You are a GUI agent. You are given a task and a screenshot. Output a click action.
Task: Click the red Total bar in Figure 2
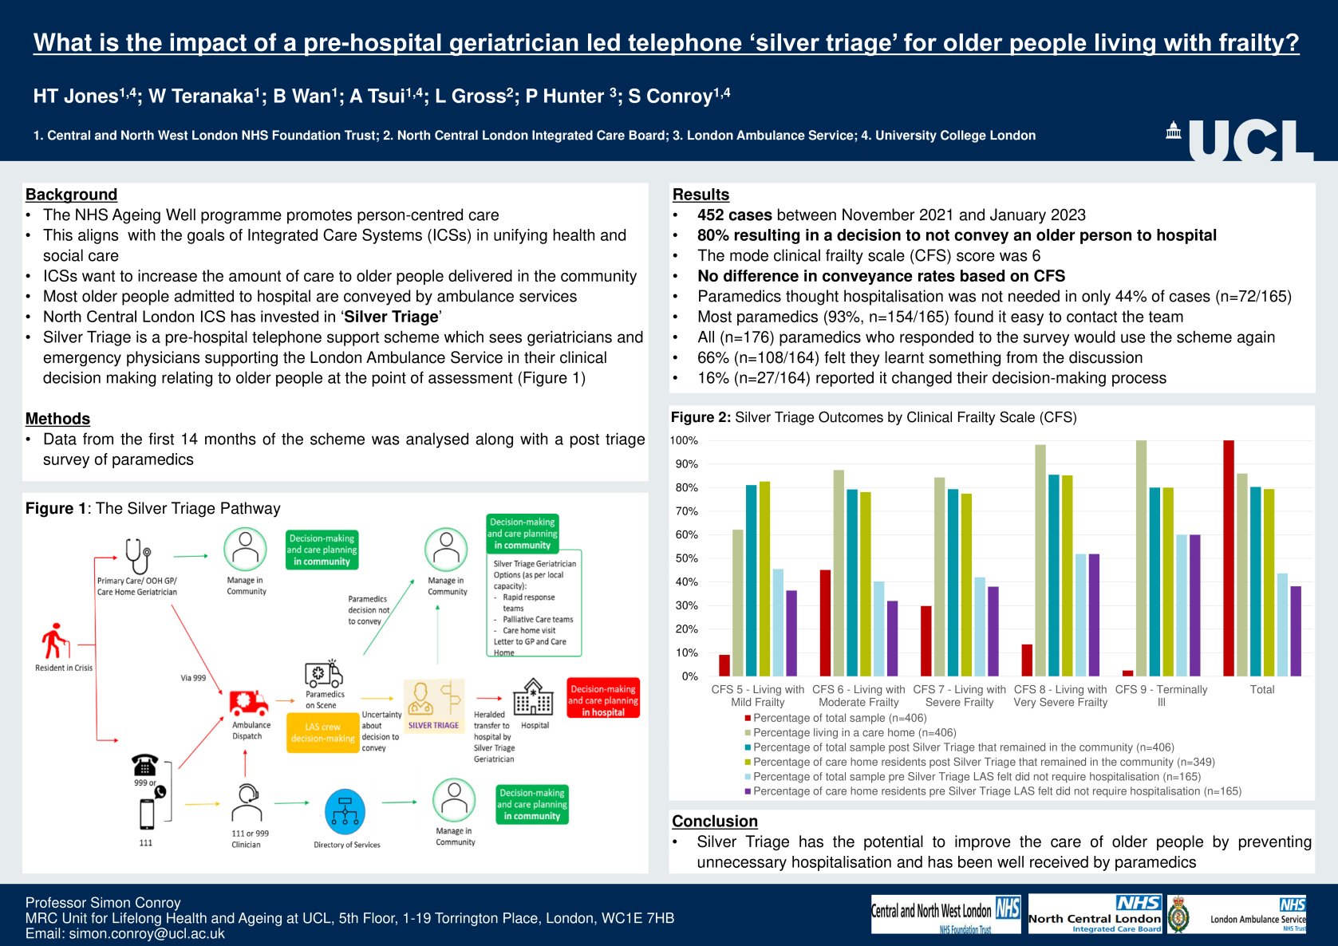click(1229, 558)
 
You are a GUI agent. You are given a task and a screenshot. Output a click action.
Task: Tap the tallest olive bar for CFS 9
click(1141, 558)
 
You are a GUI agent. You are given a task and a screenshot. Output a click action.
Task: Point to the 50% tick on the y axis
click(684, 558)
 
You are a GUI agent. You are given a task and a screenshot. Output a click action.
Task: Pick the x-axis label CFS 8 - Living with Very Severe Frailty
click(1060, 696)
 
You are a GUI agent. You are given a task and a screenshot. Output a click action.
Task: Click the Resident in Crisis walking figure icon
click(56, 641)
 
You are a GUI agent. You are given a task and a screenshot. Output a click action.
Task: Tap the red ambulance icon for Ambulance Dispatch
click(248, 704)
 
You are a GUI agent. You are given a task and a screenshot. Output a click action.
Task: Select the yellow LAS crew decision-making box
click(322, 733)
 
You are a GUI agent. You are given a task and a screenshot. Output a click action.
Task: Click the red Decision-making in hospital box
click(602, 698)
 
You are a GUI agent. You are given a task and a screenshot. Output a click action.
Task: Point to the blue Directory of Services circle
click(345, 812)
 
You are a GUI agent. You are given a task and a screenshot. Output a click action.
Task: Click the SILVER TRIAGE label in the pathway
click(434, 726)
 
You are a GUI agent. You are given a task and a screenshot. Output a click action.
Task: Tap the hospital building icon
click(533, 697)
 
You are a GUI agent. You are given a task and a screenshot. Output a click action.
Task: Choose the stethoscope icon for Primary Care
click(137, 556)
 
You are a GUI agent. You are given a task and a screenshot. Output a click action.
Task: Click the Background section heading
click(71, 195)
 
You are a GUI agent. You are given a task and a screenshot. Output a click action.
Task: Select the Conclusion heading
click(714, 822)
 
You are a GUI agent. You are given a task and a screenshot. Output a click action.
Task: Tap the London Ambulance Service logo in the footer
click(1237, 914)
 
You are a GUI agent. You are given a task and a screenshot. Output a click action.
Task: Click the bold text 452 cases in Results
click(734, 215)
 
